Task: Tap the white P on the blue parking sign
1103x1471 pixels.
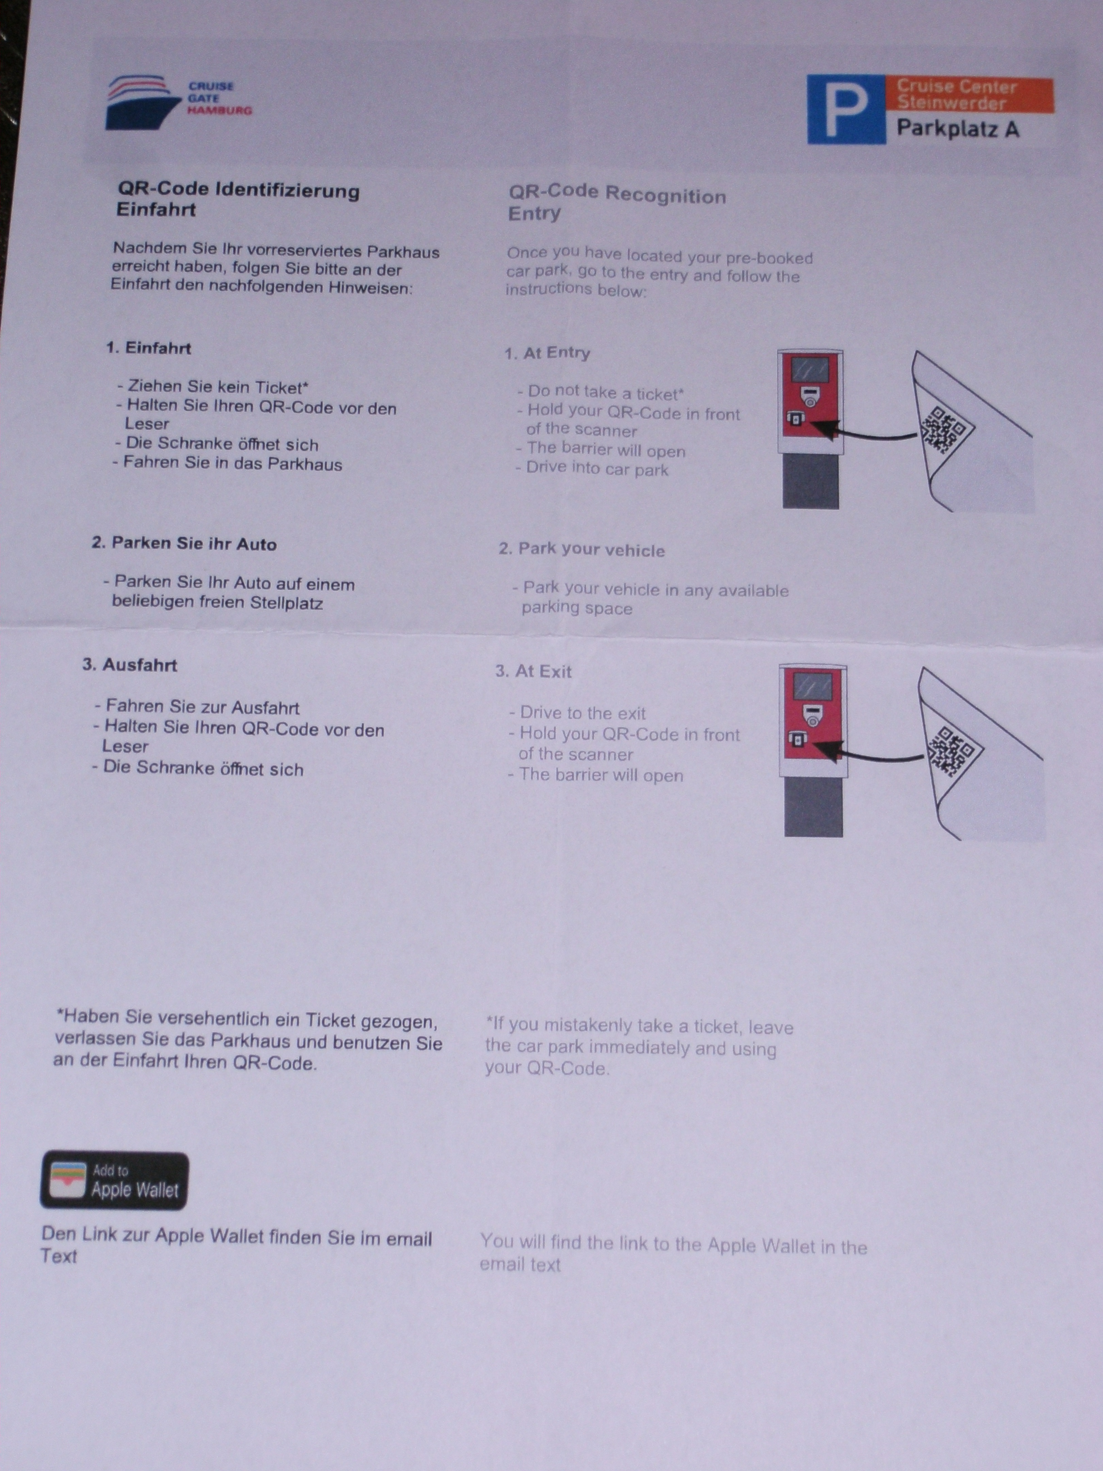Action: pyautogui.click(x=846, y=110)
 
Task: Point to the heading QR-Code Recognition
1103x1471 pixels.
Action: pyautogui.click(x=617, y=194)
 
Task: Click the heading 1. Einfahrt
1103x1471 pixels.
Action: pyautogui.click(x=148, y=348)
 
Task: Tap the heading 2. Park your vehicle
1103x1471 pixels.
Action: pyautogui.click(x=582, y=549)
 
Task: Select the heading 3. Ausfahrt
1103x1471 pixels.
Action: pyautogui.click(x=130, y=665)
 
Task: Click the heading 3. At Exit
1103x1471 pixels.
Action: pyautogui.click(x=533, y=671)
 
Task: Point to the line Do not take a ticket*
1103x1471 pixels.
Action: pyautogui.click(x=601, y=392)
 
